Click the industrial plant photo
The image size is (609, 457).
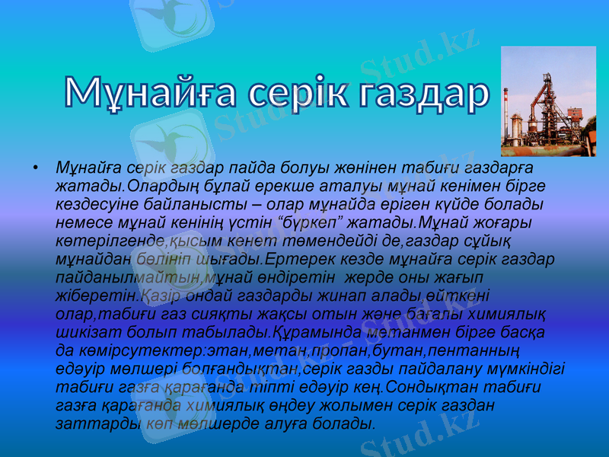[548, 101]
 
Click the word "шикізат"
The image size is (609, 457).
[85, 333]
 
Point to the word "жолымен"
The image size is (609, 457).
[336, 404]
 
